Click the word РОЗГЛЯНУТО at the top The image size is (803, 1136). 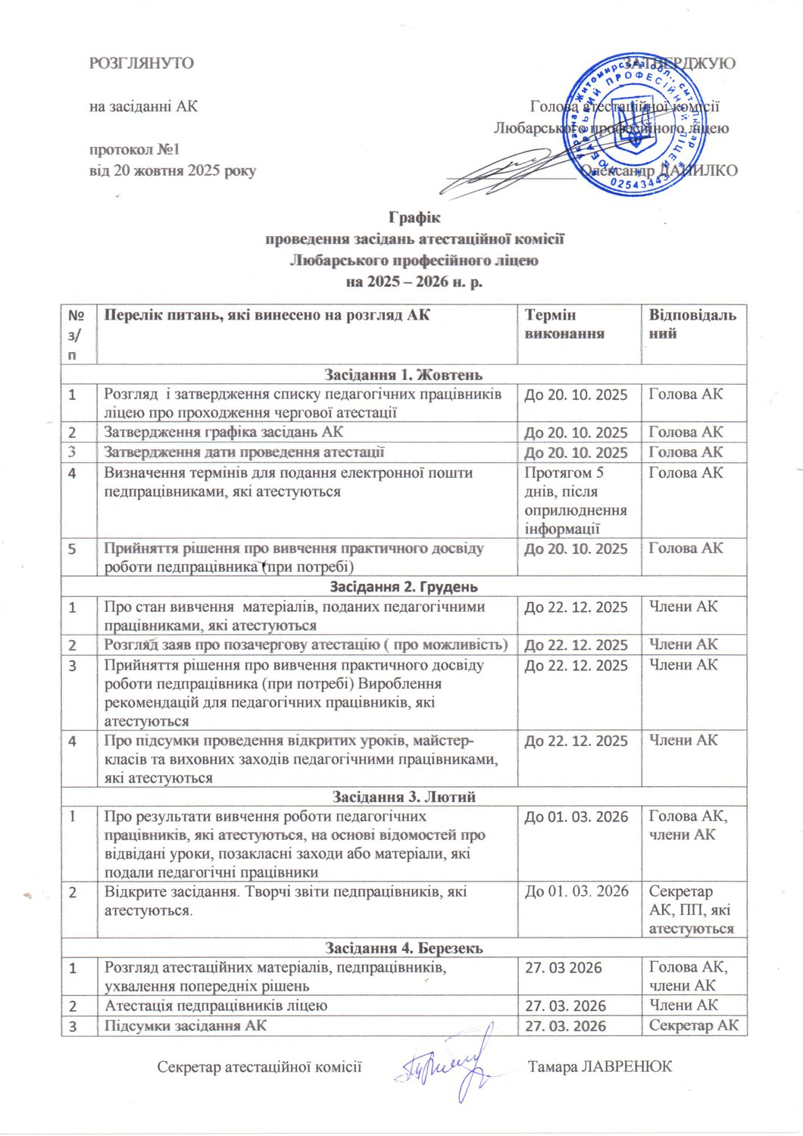[142, 63]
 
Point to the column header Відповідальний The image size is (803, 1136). [692, 324]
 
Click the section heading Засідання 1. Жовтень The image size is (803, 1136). [404, 374]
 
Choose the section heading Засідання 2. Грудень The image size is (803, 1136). [404, 586]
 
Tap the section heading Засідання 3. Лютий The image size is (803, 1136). [404, 796]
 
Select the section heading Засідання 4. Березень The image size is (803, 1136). [404, 947]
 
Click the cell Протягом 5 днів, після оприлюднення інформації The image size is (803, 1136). [576, 501]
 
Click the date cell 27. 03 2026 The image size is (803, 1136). [563, 967]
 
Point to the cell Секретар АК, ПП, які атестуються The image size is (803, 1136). [691, 910]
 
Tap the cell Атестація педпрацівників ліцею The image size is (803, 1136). [216, 1006]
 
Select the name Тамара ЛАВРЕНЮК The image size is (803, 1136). [600, 1066]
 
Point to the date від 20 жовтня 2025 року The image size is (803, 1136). [173, 170]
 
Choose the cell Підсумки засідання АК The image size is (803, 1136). [185, 1025]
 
